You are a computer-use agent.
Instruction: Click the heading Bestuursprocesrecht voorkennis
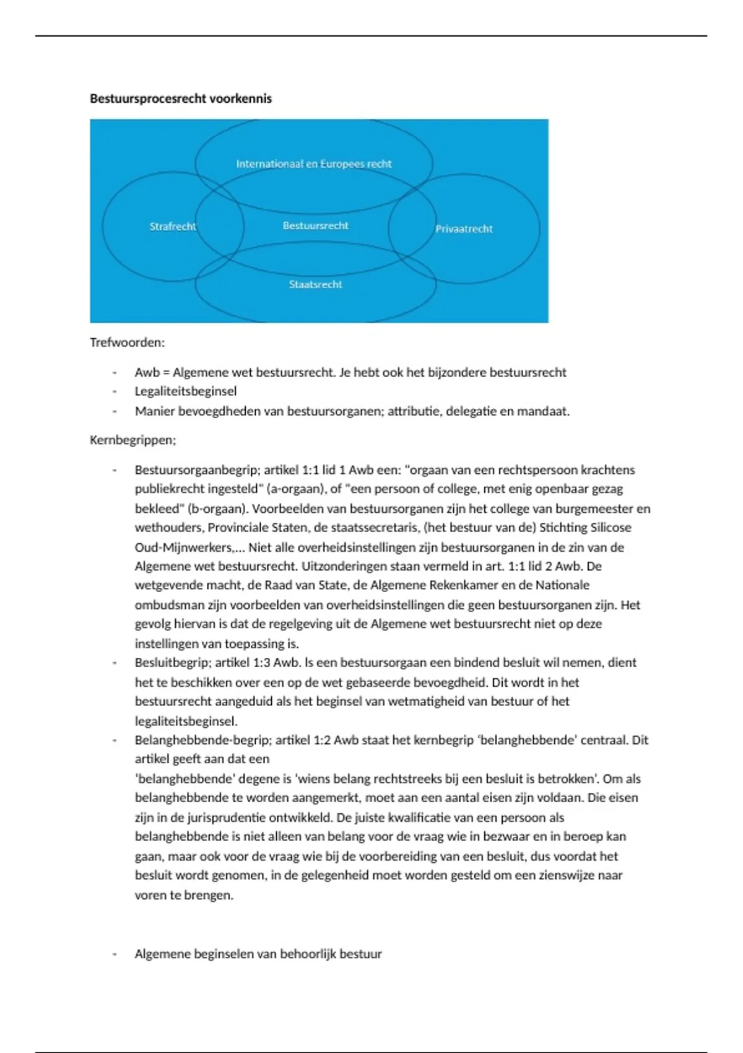(181, 98)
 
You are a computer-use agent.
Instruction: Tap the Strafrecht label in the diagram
(172, 227)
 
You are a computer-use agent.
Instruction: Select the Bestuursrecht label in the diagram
(315, 225)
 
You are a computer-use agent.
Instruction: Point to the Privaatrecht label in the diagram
(464, 229)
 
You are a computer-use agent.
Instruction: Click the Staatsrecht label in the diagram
(315, 284)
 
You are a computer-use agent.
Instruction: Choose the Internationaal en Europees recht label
(313, 164)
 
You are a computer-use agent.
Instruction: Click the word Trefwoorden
(127, 343)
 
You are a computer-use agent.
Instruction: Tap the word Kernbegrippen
(133, 440)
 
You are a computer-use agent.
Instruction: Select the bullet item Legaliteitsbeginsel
(186, 391)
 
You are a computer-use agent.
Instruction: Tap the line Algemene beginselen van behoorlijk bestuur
(258, 955)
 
